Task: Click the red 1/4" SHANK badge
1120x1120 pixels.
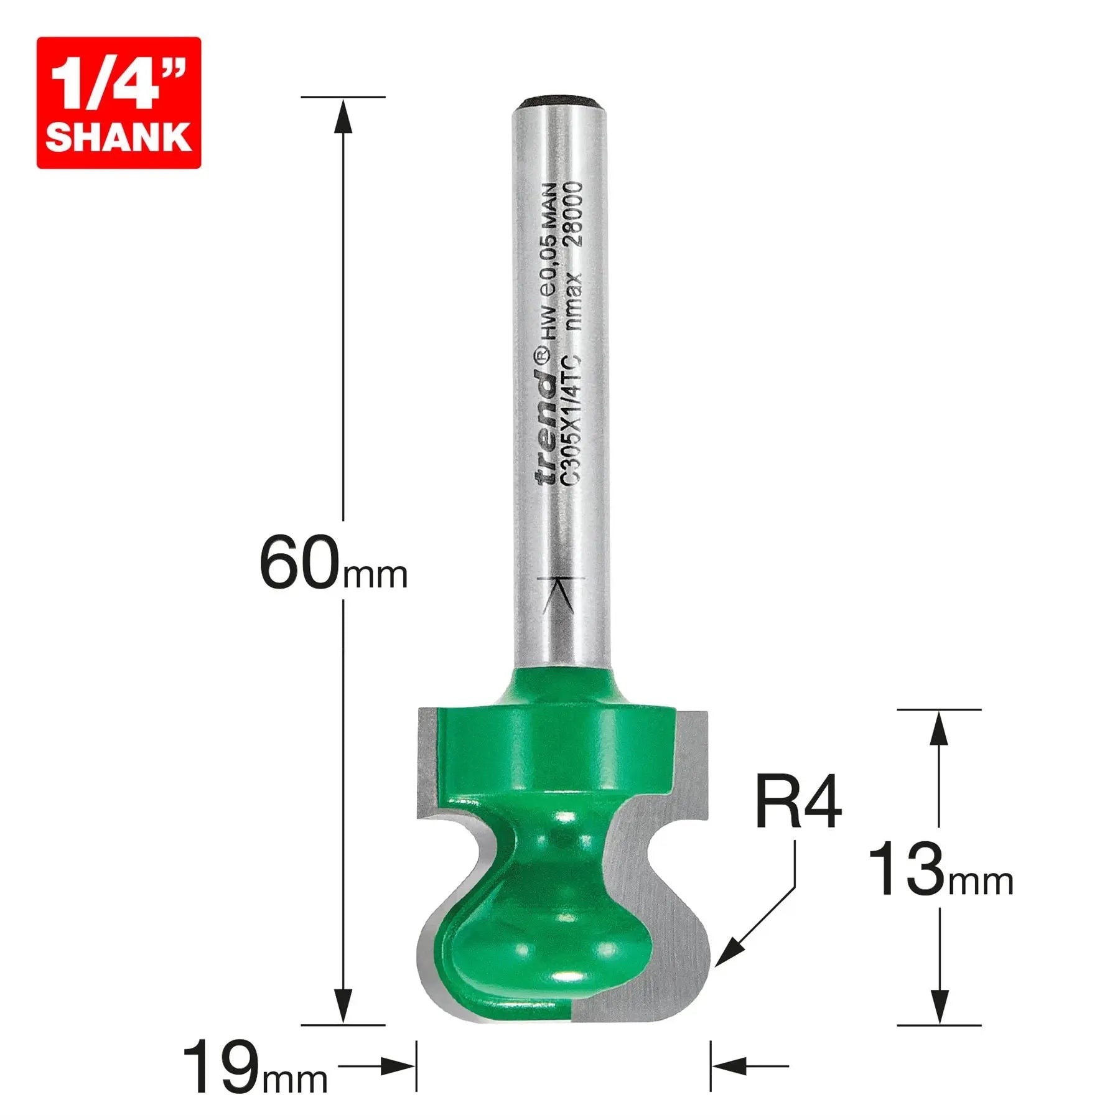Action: (118, 103)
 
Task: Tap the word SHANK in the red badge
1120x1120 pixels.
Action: (118, 137)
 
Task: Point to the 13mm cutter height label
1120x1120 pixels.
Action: (940, 870)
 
